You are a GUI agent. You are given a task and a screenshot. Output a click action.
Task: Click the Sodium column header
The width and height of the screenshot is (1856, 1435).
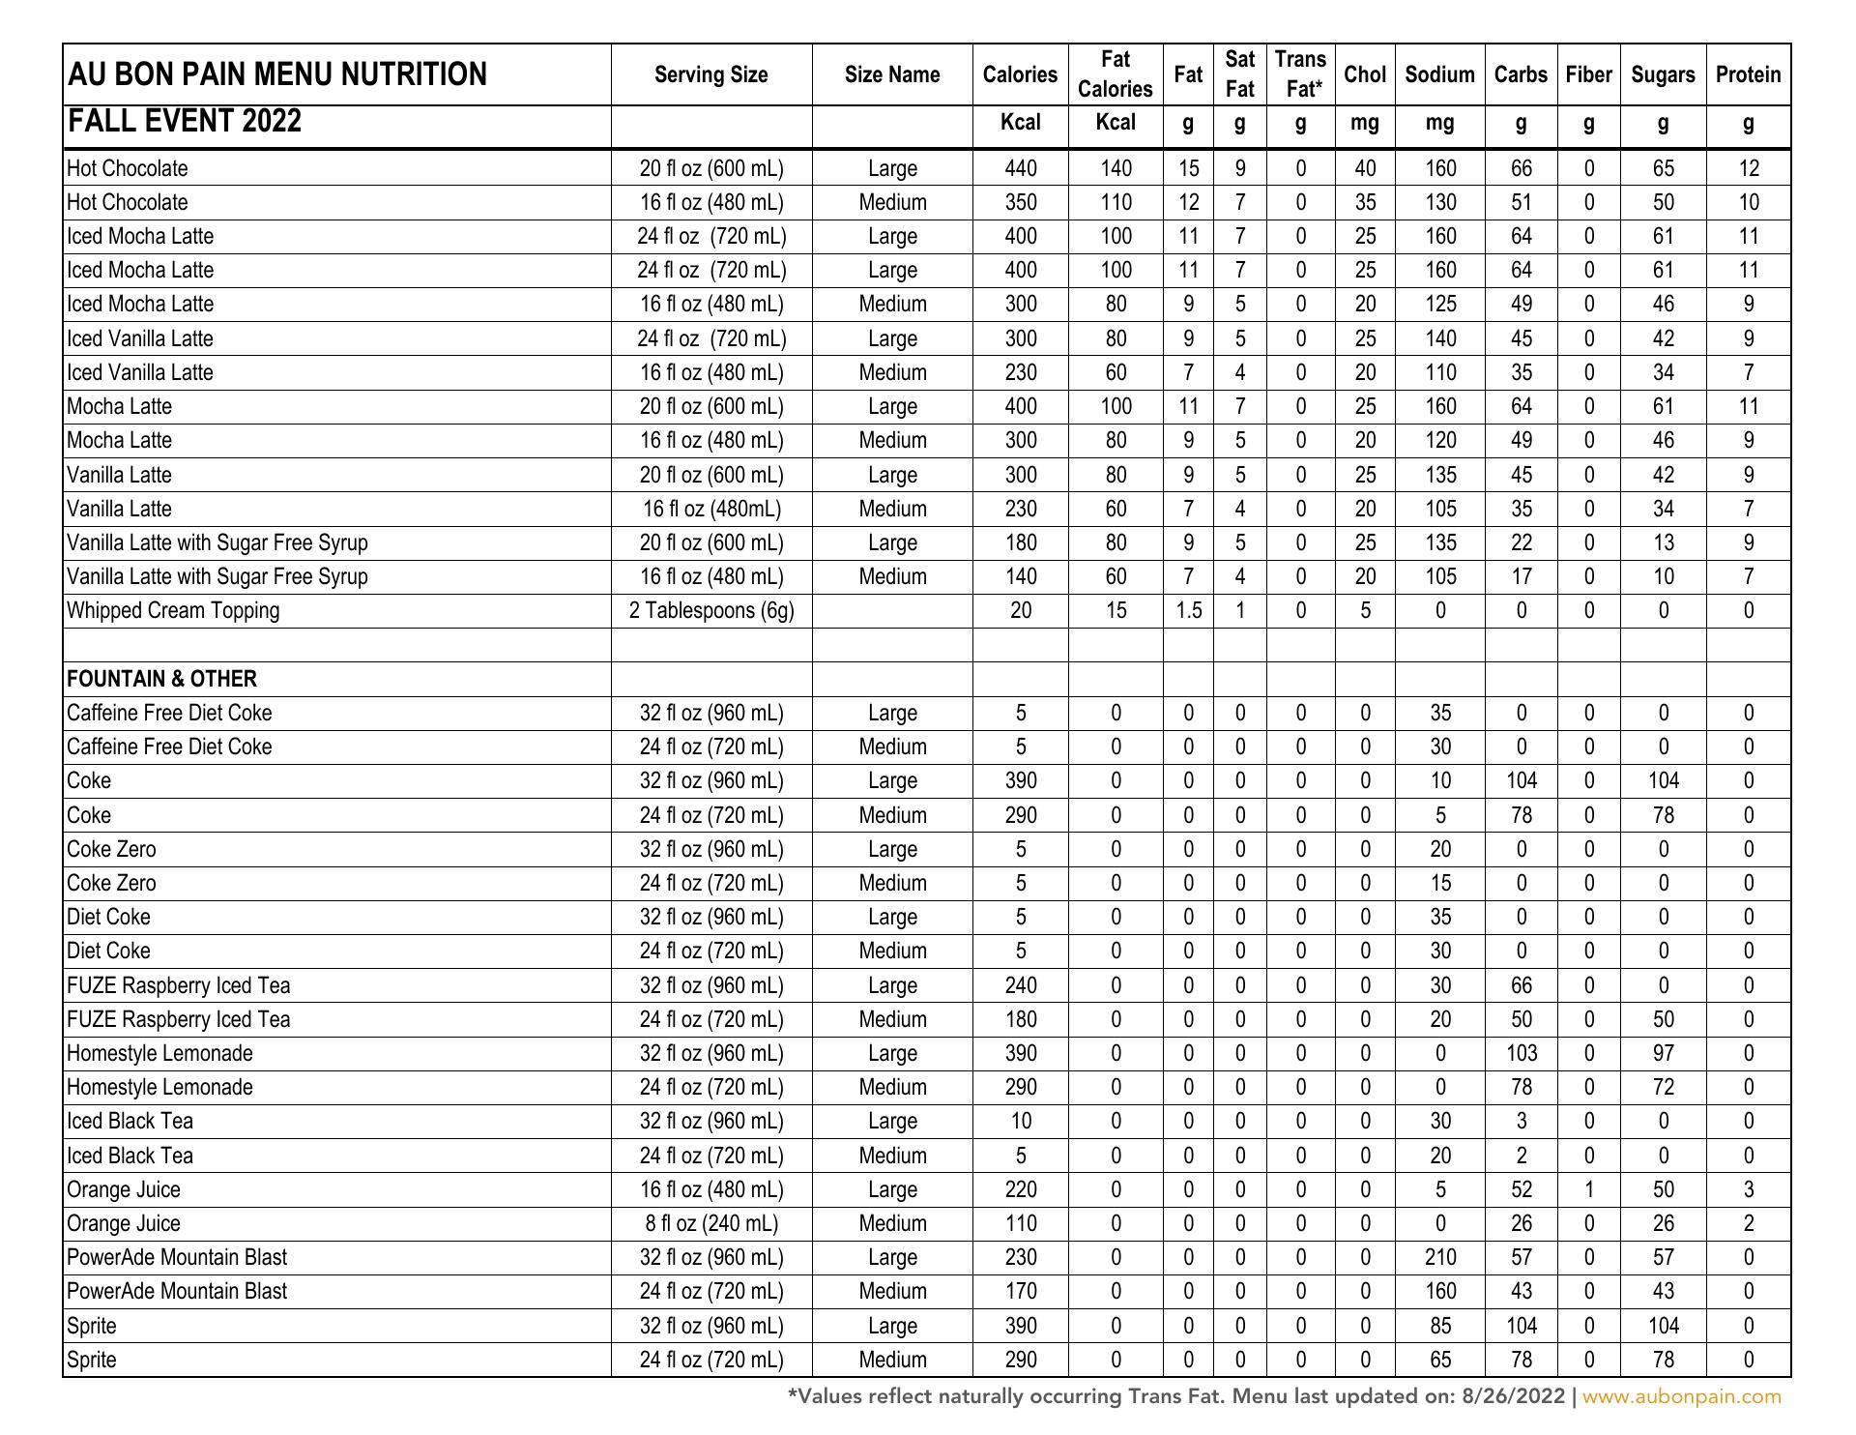coord(1439,74)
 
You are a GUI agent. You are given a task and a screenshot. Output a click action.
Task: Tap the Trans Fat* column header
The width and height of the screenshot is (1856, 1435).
coord(1300,74)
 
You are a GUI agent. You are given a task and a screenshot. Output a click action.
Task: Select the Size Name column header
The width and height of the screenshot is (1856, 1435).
coord(891,74)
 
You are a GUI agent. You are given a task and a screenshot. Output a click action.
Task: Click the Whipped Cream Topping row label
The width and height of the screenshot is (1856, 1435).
coord(173,610)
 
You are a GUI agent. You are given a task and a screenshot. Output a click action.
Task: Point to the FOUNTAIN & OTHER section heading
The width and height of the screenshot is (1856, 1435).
coord(161,679)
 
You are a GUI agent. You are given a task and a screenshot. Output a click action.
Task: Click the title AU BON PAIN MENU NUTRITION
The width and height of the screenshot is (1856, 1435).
coord(276,74)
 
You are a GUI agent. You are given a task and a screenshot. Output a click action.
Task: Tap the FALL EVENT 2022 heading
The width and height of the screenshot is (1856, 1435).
coord(185,122)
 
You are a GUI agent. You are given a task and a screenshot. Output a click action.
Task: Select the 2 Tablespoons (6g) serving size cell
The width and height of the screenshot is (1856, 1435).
coord(711,610)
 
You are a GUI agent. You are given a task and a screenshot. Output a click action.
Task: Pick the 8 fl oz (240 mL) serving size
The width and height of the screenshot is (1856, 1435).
coord(711,1223)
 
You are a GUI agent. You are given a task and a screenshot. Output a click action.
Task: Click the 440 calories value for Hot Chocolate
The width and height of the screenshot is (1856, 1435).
coord(1020,168)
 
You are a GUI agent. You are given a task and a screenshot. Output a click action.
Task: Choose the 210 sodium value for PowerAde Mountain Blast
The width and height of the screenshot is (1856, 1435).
coord(1439,1257)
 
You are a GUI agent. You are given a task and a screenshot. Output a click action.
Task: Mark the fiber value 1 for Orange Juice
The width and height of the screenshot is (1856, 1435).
coord(1588,1189)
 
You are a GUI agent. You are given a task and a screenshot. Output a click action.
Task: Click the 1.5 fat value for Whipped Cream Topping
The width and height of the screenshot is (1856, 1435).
coord(1188,610)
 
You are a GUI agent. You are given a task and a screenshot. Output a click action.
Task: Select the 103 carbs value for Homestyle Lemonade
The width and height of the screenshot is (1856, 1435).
coord(1521,1053)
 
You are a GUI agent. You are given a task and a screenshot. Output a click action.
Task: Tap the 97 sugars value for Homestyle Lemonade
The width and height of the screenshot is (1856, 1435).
coord(1663,1053)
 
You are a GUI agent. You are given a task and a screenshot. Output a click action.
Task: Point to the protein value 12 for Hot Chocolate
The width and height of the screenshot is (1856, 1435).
coord(1748,168)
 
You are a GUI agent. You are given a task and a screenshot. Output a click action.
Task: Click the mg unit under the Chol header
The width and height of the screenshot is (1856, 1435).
coord(1364,124)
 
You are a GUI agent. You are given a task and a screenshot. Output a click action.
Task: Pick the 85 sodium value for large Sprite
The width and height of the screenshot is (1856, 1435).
coord(1439,1326)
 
